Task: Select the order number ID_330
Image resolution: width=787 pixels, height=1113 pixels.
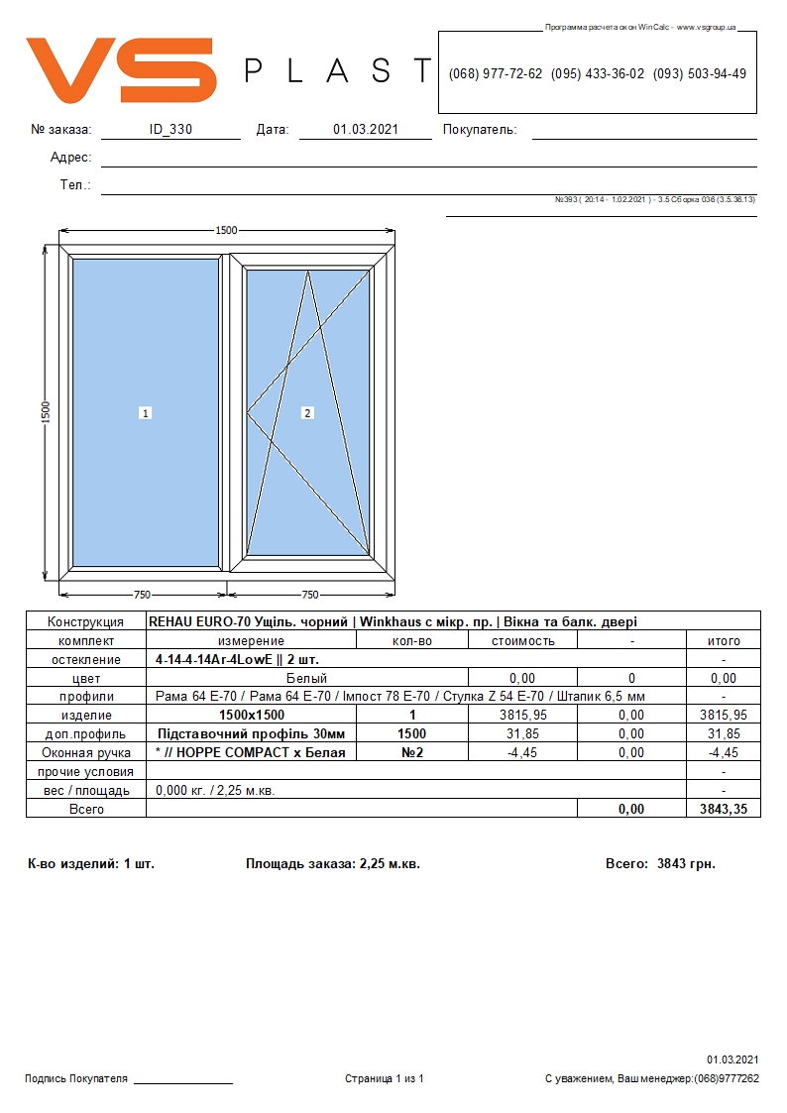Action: pyautogui.click(x=170, y=129)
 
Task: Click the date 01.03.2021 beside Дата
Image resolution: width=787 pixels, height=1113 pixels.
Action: pyautogui.click(x=366, y=129)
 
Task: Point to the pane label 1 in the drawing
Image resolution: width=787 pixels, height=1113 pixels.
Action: pyautogui.click(x=145, y=413)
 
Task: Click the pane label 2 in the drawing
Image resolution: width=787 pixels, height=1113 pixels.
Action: pyautogui.click(x=307, y=413)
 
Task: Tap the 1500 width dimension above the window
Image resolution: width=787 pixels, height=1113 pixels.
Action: pyautogui.click(x=226, y=230)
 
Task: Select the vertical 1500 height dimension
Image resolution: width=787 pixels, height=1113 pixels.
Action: pyautogui.click(x=46, y=410)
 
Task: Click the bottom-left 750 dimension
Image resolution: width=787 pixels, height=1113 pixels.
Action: pyautogui.click(x=142, y=595)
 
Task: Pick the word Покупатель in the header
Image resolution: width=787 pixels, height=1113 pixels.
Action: pyautogui.click(x=480, y=130)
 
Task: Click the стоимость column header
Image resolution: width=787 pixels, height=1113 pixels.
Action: pyautogui.click(x=522, y=641)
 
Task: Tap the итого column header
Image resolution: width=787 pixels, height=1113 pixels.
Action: pyautogui.click(x=724, y=641)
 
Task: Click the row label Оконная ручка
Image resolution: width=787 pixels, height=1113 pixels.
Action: pyautogui.click(x=86, y=753)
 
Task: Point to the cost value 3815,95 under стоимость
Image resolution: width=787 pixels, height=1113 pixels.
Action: pyautogui.click(x=522, y=716)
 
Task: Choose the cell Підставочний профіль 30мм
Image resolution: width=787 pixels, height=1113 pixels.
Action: pyautogui.click(x=251, y=734)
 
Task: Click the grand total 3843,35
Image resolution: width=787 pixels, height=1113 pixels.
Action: pyautogui.click(x=724, y=810)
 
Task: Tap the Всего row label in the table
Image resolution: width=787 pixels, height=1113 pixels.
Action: pyautogui.click(x=86, y=810)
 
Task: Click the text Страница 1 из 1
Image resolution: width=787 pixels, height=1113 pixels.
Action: pyautogui.click(x=385, y=1079)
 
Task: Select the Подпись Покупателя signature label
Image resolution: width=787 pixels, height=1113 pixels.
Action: pyautogui.click(x=76, y=1079)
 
